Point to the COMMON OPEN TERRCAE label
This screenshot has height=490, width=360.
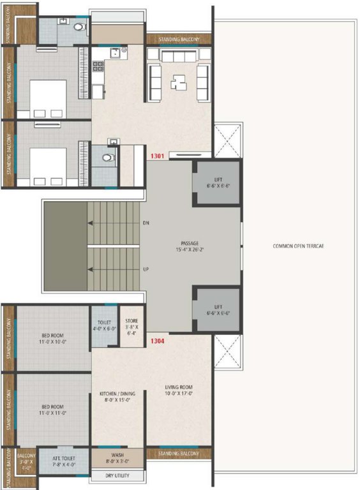coord(298,246)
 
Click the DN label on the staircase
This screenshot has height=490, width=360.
coord(146,223)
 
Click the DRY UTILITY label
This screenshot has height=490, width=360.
coord(119,476)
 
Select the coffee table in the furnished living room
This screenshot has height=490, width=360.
coord(178,82)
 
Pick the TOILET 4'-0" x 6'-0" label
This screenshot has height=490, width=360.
coord(104,325)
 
